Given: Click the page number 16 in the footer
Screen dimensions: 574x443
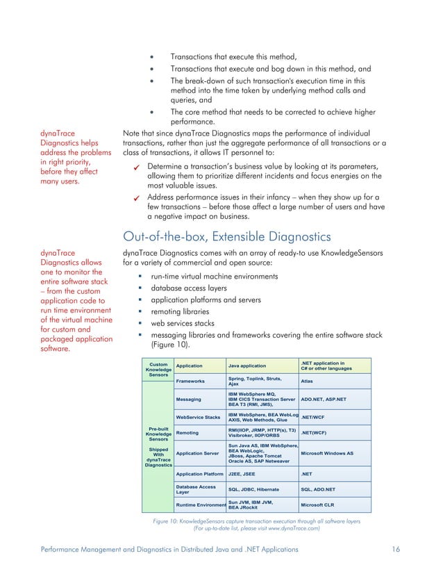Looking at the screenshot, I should [x=395, y=549].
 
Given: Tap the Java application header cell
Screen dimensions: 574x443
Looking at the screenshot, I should [x=249, y=365].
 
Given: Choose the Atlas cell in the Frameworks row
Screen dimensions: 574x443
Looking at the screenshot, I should [x=306, y=381].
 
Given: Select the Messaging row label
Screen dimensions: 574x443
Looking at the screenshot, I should [x=189, y=400].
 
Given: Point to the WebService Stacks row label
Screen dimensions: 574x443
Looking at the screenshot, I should [x=198, y=417].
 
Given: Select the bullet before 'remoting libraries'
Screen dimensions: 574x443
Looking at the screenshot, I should [x=140, y=311].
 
